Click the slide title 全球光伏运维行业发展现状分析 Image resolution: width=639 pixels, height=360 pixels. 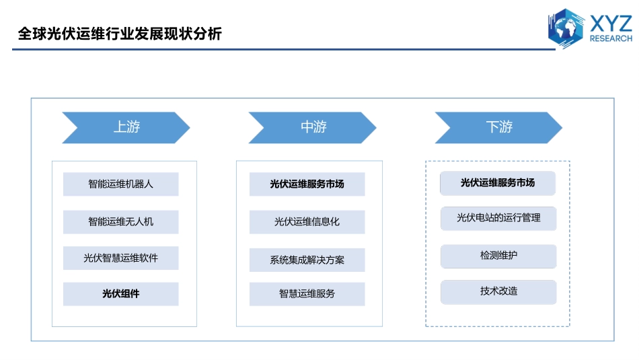click(120, 34)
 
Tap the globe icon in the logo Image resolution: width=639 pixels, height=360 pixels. click(566, 28)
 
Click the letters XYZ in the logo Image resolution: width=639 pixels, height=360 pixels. click(611, 24)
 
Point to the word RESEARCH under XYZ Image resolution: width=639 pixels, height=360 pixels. click(611, 38)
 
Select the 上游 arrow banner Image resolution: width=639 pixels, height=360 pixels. click(126, 128)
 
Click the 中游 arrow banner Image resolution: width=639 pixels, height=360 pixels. click(312, 128)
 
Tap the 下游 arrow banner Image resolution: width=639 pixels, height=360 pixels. click(498, 128)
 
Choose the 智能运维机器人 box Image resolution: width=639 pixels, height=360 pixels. click(120, 184)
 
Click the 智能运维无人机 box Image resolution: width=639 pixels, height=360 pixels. click(120, 222)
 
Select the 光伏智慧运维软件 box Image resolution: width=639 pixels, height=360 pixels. click(120, 258)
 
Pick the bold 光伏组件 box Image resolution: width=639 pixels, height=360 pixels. click(120, 294)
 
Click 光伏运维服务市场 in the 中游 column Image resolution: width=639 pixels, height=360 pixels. click(307, 184)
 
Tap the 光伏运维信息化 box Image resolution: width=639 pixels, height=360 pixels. click(307, 222)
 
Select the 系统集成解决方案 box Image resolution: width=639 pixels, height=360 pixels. click(307, 260)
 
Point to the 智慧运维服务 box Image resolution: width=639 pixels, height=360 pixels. click(307, 294)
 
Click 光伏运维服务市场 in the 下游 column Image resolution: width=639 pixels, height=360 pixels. click(498, 183)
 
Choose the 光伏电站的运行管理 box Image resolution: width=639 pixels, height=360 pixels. click(498, 218)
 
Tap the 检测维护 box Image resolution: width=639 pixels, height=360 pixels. click(498, 256)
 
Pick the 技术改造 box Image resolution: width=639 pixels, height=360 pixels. click(498, 292)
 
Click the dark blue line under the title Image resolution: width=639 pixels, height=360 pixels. click(284, 49)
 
